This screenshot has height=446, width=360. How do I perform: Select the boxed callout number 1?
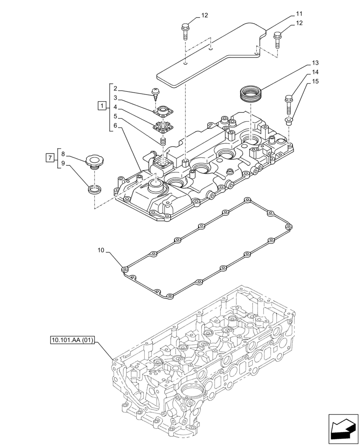coord(102,106)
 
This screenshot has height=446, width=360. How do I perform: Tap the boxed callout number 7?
coord(50,157)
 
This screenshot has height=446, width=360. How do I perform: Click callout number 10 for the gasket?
coord(101,251)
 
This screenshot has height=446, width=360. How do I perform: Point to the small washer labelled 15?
coord(289,120)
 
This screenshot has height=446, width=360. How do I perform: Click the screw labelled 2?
coord(156,93)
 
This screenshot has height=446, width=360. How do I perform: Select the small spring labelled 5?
coord(163,141)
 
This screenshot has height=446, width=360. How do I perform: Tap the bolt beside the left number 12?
coord(184,31)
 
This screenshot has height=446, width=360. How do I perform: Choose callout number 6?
coord(115,126)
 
